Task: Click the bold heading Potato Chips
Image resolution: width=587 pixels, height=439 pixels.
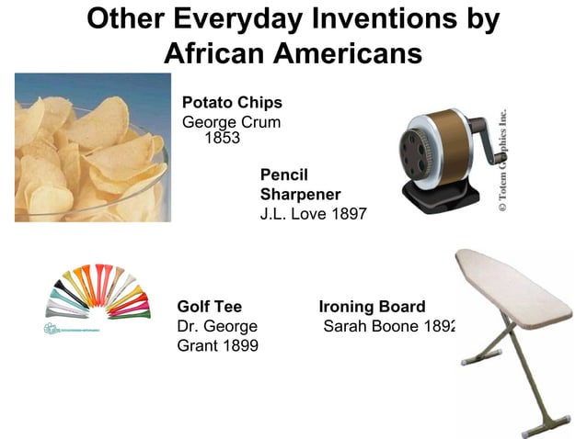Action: click(x=232, y=102)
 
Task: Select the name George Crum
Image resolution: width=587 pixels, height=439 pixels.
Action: click(x=231, y=122)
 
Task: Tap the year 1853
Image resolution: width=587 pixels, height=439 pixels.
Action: click(x=220, y=139)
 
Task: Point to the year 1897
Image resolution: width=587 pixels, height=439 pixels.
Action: click(x=348, y=214)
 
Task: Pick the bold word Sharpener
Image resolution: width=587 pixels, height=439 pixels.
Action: click(x=300, y=194)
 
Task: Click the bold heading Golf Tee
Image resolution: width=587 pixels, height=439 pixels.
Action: click(x=209, y=307)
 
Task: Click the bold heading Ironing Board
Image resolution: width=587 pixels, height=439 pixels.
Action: click(x=372, y=307)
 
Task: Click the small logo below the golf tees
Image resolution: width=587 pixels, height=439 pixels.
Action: click(x=73, y=329)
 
